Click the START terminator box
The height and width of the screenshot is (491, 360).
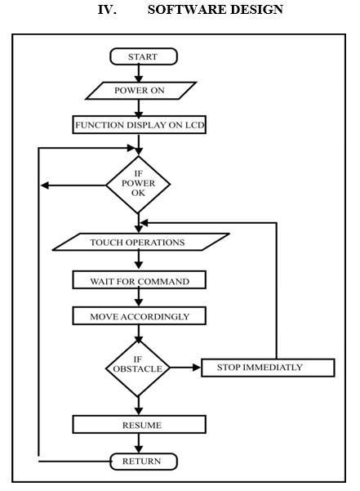[144, 56]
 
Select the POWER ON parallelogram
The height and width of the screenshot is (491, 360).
[141, 91]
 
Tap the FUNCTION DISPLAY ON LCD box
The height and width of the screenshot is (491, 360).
[139, 125]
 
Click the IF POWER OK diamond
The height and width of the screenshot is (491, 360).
[138, 185]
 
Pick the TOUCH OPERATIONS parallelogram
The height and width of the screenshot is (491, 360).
[141, 242]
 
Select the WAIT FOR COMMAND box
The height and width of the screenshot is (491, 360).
[139, 279]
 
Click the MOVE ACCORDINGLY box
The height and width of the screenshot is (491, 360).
[139, 315]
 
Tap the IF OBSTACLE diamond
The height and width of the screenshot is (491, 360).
[138, 368]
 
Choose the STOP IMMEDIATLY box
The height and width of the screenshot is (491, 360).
[268, 368]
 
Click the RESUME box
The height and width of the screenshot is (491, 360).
[139, 425]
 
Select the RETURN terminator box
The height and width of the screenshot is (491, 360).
[144, 462]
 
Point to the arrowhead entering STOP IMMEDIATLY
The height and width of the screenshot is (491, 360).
[197, 368]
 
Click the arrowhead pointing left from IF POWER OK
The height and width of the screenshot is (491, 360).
[45, 185]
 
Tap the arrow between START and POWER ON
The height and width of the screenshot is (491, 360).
[139, 74]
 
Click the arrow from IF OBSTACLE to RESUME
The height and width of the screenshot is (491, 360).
[139, 406]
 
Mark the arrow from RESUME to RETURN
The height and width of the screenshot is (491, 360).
[139, 444]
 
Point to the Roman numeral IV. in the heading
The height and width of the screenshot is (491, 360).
[107, 10]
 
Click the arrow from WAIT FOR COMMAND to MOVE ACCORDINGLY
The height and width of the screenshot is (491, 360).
[139, 297]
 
